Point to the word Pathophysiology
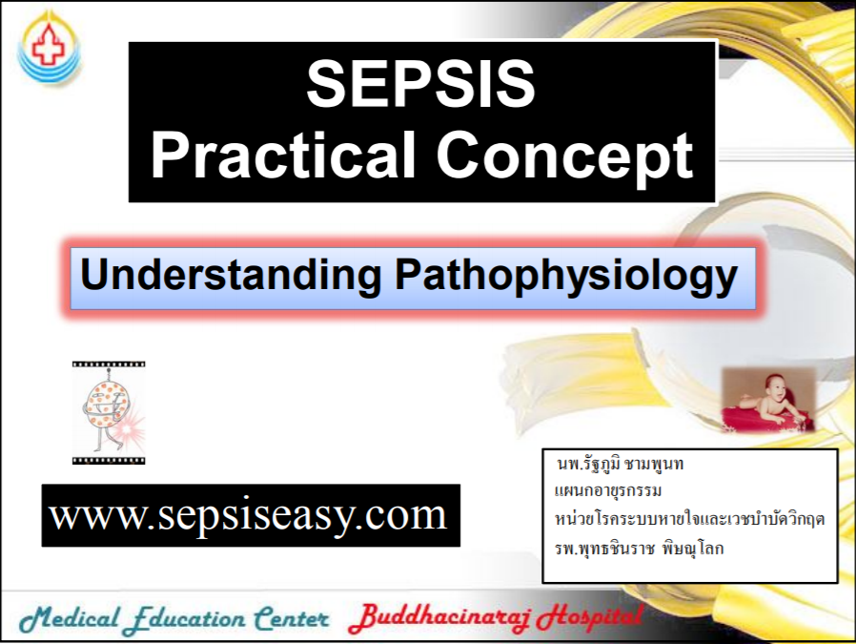tap(565, 277)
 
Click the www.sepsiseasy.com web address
tap(249, 515)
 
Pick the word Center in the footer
tap(291, 620)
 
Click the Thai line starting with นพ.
tap(621, 466)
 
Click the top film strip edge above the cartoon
tap(109, 364)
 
